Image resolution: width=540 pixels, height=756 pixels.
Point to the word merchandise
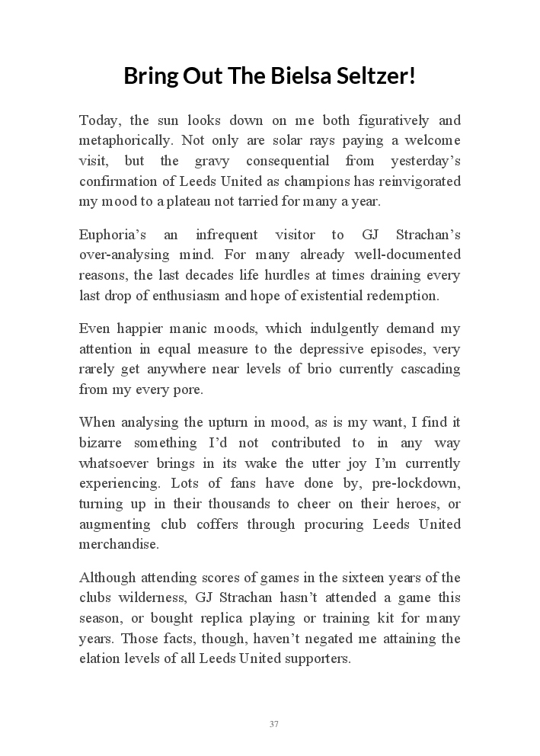(119, 544)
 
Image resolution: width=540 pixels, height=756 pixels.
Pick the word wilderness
(148, 597)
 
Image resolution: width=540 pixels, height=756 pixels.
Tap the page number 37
(273, 724)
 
